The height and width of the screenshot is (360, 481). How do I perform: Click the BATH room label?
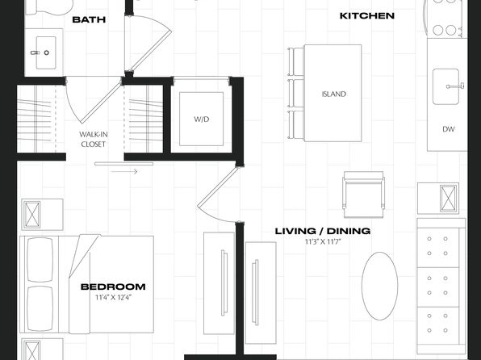point(89,19)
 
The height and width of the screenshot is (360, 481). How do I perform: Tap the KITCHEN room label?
point(367,15)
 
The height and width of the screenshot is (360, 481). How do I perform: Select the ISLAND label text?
point(334,94)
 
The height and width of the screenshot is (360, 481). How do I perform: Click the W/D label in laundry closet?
point(202,119)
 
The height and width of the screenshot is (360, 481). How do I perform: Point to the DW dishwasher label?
point(449,129)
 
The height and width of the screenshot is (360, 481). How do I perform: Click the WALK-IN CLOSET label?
point(94,140)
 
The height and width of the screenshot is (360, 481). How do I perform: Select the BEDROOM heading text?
point(113,287)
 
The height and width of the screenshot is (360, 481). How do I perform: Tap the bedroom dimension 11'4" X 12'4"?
point(113,297)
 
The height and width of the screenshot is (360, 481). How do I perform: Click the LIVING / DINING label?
point(322,231)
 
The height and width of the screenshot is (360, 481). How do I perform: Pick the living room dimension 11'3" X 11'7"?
point(323,242)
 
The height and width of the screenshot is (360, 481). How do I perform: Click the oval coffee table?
point(380,286)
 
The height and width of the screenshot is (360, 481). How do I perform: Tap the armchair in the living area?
point(363,195)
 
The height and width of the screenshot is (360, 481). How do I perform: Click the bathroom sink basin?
point(46,52)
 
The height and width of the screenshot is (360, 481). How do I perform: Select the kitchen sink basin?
point(445,86)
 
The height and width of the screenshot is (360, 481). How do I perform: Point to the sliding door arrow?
point(124,172)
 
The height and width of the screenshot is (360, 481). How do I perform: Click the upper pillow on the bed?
point(40,260)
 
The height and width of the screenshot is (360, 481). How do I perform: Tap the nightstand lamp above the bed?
point(32,214)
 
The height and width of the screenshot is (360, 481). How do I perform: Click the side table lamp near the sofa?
point(449,199)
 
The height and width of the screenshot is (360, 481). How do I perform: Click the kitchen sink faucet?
point(455,86)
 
